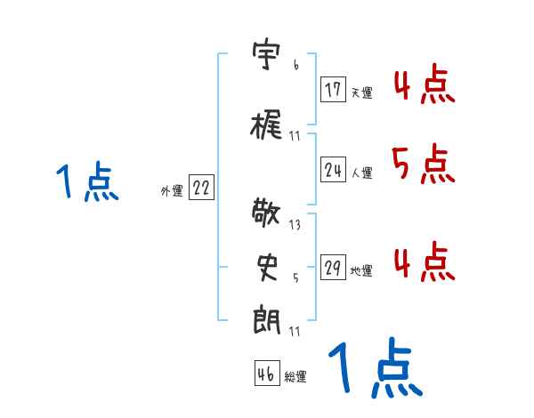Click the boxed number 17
[x=334, y=89]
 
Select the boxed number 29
[x=334, y=268]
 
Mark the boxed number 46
[x=266, y=374]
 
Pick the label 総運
[x=295, y=377]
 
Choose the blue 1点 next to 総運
[x=374, y=367]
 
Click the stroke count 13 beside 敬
[x=295, y=224]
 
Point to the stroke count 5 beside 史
[x=295, y=277]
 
